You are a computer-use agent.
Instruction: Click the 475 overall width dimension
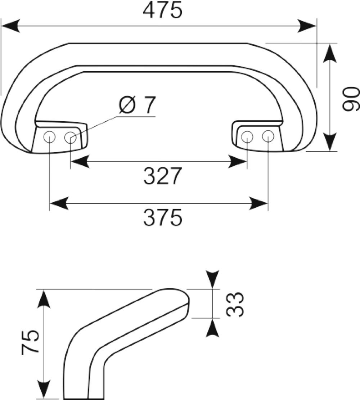coord(162,10)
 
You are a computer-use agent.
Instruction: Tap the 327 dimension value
coord(162,176)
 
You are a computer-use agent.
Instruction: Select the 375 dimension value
coord(163,217)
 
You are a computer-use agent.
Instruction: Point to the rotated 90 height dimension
coord(351,99)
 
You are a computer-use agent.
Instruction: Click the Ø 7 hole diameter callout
coord(137,105)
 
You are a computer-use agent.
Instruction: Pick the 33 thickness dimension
coord(235,304)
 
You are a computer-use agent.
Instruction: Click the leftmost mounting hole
coord(49,137)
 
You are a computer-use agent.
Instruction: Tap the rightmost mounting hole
coord(268,136)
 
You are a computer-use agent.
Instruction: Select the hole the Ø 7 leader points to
coord(71,138)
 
